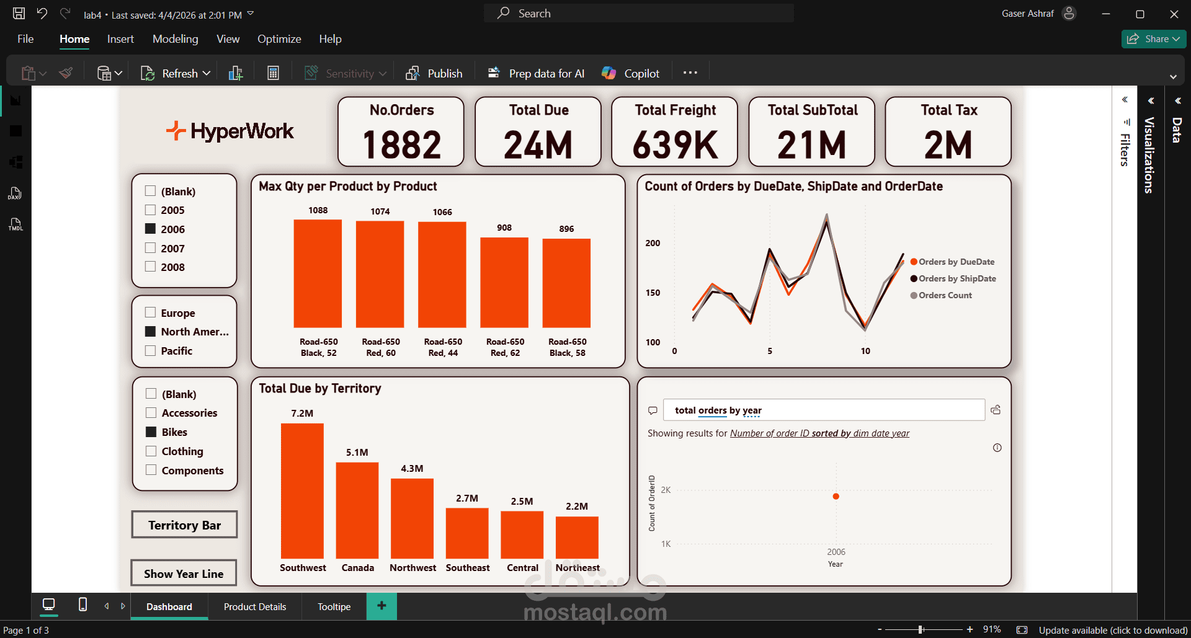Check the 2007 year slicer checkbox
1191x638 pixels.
coord(150,248)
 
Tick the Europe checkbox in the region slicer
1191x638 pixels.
coord(150,312)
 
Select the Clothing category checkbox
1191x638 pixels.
coord(151,451)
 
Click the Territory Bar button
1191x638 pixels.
coord(184,525)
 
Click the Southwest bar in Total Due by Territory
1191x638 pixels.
coord(302,490)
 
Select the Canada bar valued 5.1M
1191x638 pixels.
coord(357,510)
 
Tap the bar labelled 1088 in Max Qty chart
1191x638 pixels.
coord(318,273)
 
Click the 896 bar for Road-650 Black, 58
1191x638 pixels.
coord(566,283)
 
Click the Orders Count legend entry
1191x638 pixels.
coord(945,295)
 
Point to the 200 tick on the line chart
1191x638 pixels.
coord(653,243)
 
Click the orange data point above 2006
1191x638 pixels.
coord(836,496)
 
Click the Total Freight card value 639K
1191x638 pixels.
coord(675,144)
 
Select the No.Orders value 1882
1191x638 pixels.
coord(401,144)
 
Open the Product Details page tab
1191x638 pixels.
coord(255,606)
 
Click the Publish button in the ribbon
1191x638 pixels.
coord(434,73)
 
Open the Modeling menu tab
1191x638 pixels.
coord(176,39)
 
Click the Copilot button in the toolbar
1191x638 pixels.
coord(631,73)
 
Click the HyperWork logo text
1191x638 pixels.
coord(242,131)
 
